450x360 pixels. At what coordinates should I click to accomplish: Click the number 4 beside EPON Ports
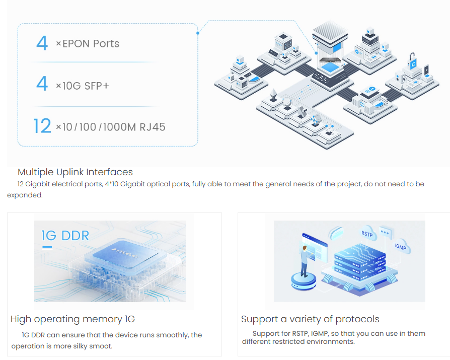tap(42, 43)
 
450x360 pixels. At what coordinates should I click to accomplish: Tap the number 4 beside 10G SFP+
tap(42, 84)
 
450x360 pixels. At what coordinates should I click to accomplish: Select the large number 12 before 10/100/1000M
tap(42, 126)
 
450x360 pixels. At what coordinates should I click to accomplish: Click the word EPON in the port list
tap(75, 44)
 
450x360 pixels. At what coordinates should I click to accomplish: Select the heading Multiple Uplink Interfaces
tap(75, 172)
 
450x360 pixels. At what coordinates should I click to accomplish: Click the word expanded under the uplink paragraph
tap(25, 195)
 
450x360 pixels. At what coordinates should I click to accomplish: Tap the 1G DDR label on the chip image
tap(65, 235)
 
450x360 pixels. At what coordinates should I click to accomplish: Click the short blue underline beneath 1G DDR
tap(47, 247)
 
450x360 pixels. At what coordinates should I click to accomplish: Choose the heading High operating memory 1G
tap(72, 319)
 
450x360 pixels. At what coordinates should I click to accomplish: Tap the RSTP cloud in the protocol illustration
tap(366, 234)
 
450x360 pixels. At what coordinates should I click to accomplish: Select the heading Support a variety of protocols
tap(310, 319)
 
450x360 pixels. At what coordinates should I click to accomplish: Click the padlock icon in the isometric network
tap(413, 56)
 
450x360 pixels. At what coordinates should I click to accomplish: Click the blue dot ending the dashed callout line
tap(198, 33)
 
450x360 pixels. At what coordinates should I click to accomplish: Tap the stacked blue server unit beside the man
tap(360, 262)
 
